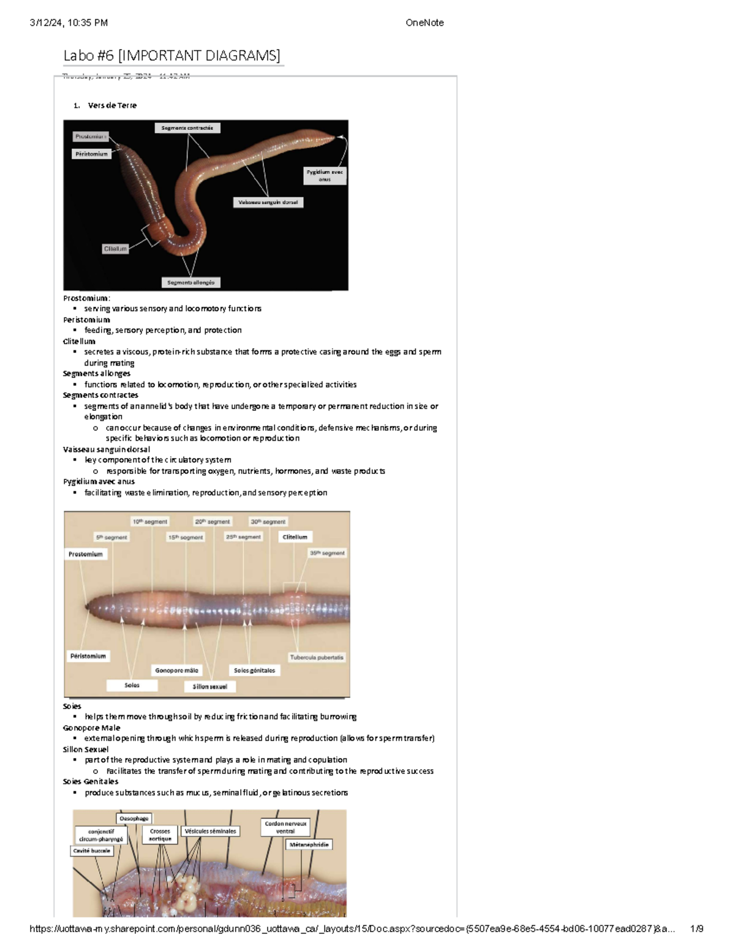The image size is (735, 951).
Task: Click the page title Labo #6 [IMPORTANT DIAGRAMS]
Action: pos(171,56)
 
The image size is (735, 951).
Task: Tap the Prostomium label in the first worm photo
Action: pos(91,137)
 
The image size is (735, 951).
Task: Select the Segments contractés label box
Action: pos(187,128)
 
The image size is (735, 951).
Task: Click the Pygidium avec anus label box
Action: pos(325,176)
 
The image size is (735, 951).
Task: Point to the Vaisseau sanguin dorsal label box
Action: pos(268,202)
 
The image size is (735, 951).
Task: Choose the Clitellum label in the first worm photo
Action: pos(115,249)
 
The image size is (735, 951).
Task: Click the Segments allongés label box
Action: pos(190,282)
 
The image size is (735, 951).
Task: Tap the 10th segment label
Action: pos(150,522)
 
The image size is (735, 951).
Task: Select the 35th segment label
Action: pos(327,553)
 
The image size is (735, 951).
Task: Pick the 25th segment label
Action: pos(243,537)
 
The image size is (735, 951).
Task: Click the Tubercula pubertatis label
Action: pos(317,657)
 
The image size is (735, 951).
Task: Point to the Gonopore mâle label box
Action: pos(176,671)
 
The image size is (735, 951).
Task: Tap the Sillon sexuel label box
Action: pos(209,686)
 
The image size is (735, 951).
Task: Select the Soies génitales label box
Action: pos(254,671)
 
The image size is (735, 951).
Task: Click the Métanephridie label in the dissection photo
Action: pos(309,844)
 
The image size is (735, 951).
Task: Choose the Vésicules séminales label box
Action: pos(210,831)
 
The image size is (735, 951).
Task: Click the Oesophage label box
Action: pos(134,818)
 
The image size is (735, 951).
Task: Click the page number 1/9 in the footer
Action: pos(696,929)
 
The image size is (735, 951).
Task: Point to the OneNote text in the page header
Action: pos(424,23)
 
